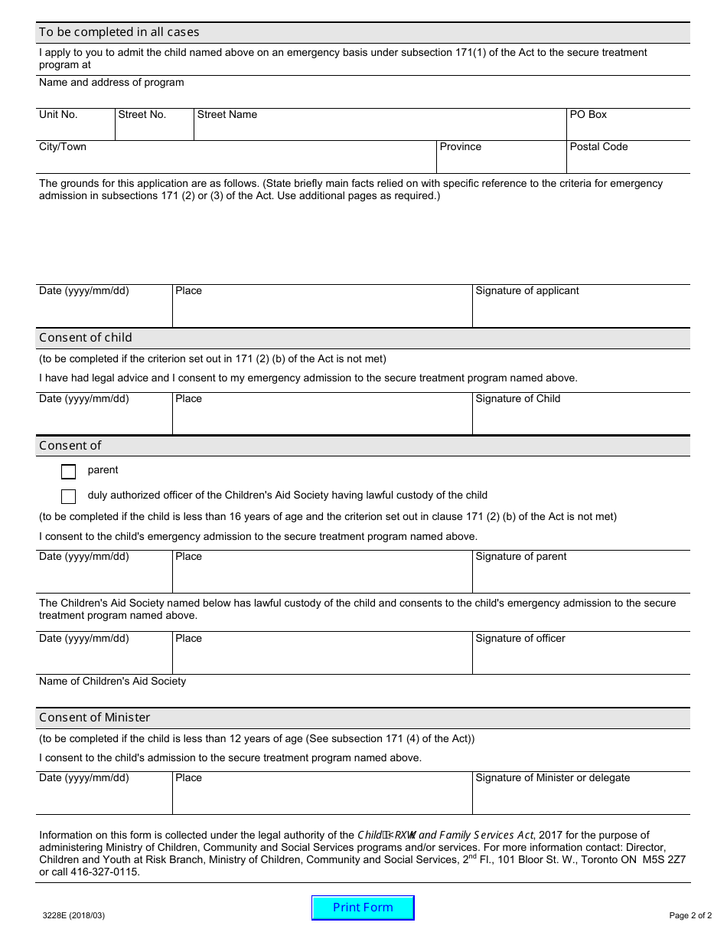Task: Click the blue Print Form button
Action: click(x=363, y=908)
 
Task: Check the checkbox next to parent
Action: click(x=68, y=471)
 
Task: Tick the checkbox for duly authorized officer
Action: click(x=68, y=496)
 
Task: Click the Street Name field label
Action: click(x=227, y=115)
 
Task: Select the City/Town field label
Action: click(x=63, y=147)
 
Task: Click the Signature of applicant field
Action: click(x=580, y=309)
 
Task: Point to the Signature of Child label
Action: click(x=517, y=399)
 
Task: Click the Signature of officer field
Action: click(x=580, y=656)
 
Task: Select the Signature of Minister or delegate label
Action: click(x=553, y=778)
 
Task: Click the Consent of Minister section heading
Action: click(x=95, y=718)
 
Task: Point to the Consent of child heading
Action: click(x=86, y=338)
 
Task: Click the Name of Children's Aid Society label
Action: click(x=112, y=682)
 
